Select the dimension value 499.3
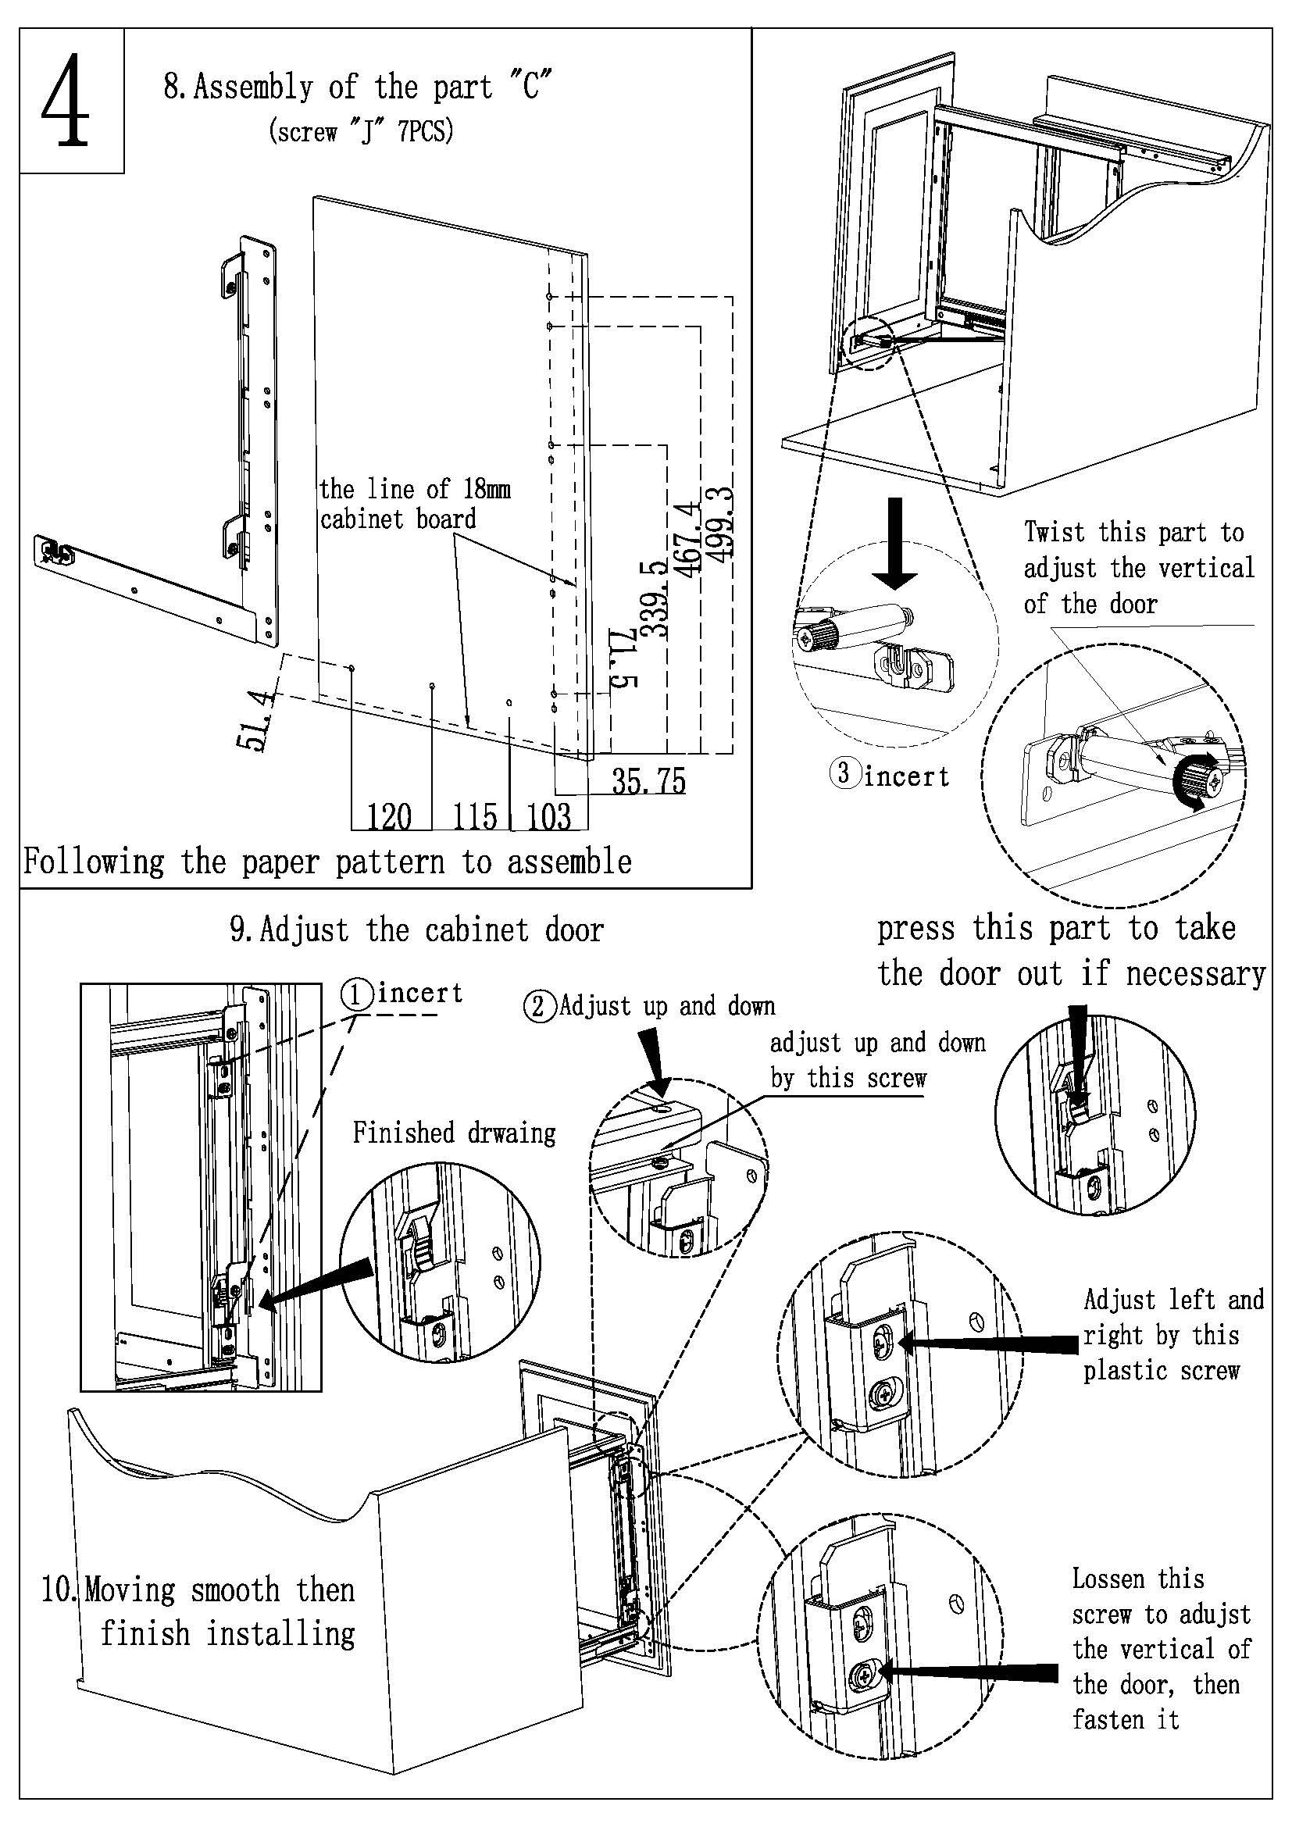tap(722, 526)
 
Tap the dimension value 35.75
tap(648, 781)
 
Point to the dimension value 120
tap(389, 817)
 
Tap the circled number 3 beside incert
tap(844, 773)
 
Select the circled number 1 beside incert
tap(357, 994)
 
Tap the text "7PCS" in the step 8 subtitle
tap(425, 130)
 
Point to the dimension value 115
tap(475, 817)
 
